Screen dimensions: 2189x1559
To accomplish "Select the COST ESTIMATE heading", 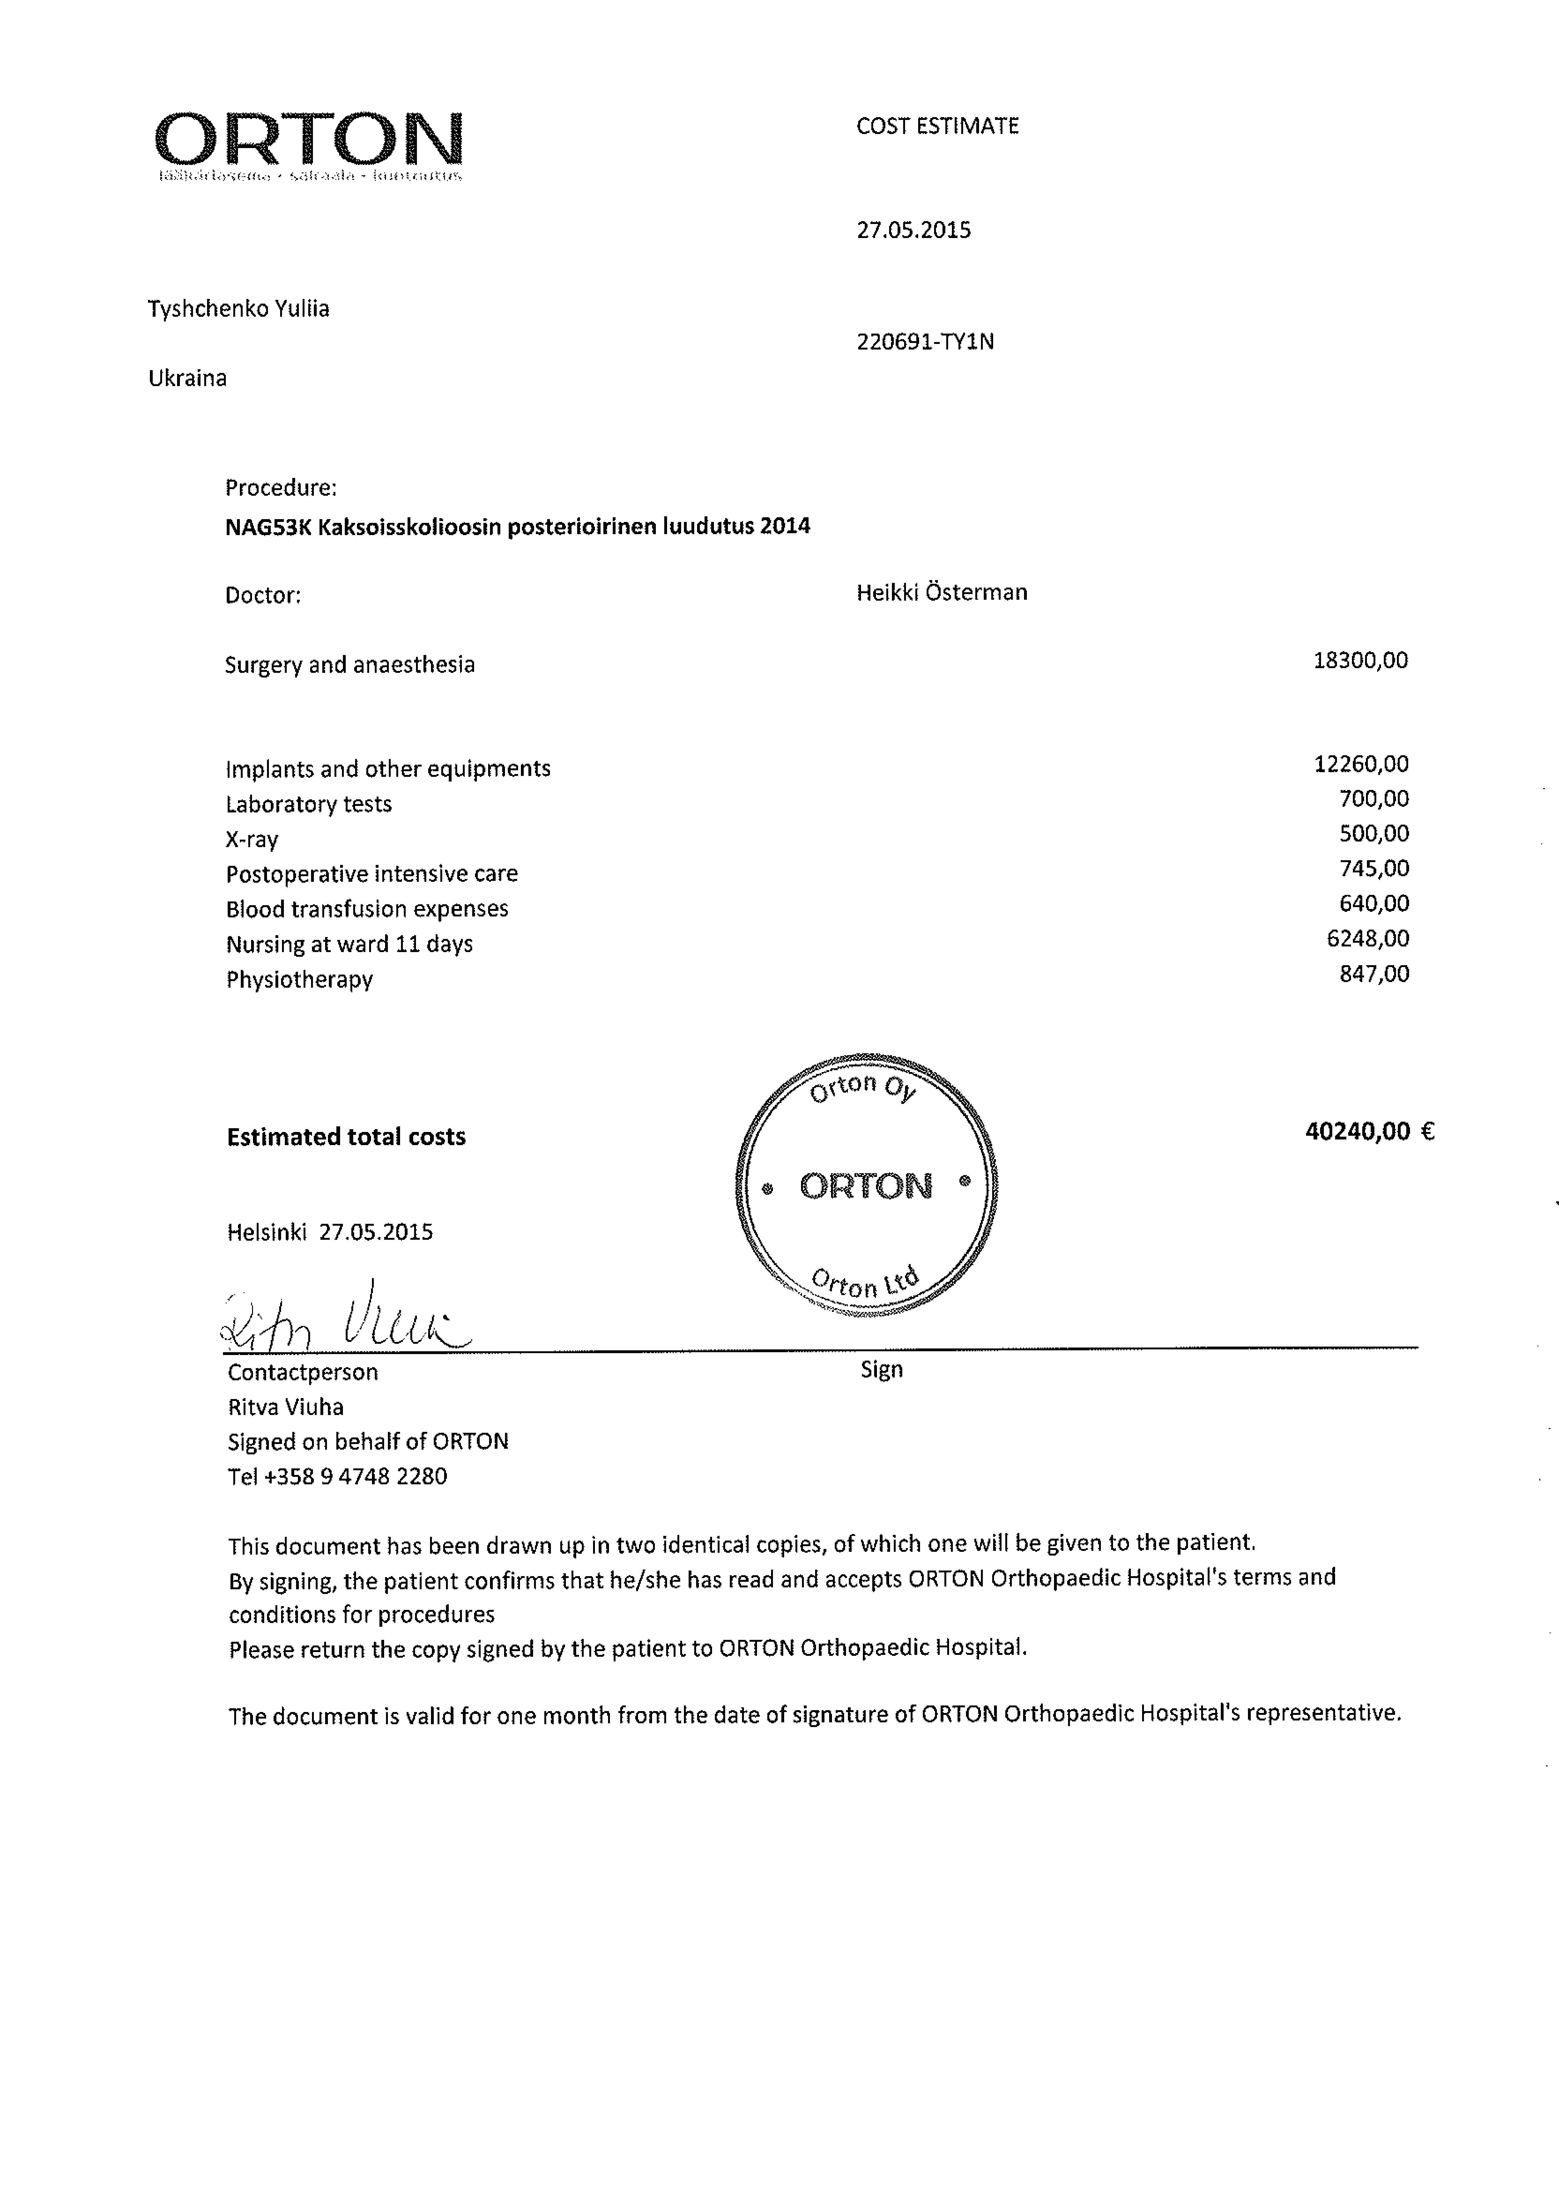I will [x=937, y=126].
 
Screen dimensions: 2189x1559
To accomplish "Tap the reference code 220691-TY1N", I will [x=924, y=342].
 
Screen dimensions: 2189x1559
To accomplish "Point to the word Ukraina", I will [x=187, y=378].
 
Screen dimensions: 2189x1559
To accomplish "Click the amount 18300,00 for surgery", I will [x=1359, y=661].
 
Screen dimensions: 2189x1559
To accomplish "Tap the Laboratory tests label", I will [x=308, y=805].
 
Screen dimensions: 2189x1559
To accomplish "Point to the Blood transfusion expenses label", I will [x=367, y=909].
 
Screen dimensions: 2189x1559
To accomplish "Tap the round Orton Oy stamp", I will [x=866, y=1186].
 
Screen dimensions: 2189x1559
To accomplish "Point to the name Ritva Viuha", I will [x=285, y=1407].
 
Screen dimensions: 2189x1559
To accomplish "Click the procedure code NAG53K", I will [x=268, y=526].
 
